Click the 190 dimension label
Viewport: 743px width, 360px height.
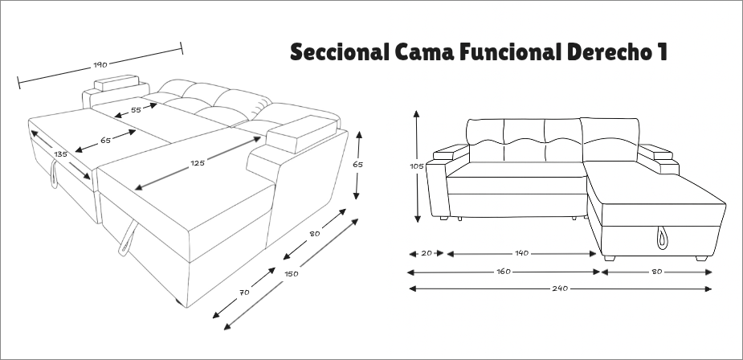pos(100,63)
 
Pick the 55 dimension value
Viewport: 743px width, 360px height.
pos(136,108)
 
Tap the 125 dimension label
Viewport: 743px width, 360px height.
pos(197,163)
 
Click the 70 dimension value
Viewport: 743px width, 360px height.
pos(244,292)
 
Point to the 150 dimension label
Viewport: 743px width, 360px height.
pos(292,274)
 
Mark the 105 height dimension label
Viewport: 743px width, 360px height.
pos(416,166)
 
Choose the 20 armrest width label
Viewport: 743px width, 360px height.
pos(427,253)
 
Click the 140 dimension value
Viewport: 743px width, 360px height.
pos(521,253)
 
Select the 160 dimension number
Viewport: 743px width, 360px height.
pos(504,272)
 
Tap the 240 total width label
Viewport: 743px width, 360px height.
pos(560,288)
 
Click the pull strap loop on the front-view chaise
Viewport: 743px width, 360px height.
pos(663,235)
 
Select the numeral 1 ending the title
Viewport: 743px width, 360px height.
pos(661,53)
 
